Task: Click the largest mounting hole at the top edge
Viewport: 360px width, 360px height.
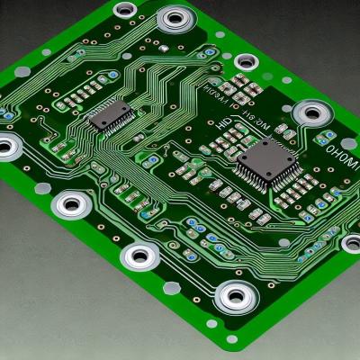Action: coord(175,19)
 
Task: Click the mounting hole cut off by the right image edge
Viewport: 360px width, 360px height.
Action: coord(353,243)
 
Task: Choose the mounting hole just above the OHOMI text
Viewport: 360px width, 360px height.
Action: coord(312,113)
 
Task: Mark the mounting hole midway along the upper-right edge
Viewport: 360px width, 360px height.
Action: coord(246,62)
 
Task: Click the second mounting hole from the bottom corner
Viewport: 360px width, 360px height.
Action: coord(140,256)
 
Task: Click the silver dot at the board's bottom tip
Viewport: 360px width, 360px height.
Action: coord(232,339)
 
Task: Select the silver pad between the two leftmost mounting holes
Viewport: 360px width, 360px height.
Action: coord(43,187)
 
